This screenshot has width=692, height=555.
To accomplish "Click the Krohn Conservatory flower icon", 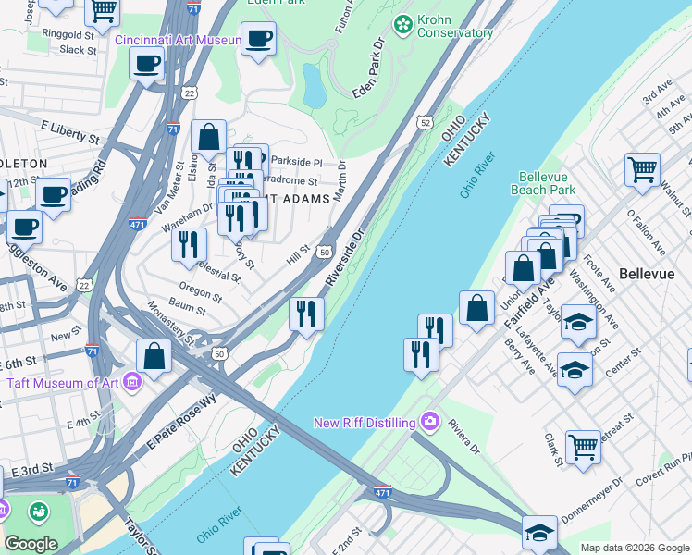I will (x=402, y=22).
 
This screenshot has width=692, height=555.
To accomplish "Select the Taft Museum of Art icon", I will (x=131, y=381).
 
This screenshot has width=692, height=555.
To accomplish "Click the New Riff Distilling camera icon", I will (x=429, y=422).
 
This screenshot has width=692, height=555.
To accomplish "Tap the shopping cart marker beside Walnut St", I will (x=642, y=169).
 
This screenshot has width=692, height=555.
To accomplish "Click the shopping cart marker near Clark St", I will (x=583, y=447).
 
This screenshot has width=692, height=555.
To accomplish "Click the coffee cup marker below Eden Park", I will (x=258, y=39).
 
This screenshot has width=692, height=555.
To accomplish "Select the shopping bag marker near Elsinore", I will (x=209, y=136).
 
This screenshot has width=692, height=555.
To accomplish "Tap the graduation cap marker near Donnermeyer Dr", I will (x=539, y=531).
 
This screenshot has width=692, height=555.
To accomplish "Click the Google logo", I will (x=31, y=544).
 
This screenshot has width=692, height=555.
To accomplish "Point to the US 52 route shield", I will (x=424, y=121).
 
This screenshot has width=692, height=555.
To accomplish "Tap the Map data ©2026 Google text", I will (x=635, y=548).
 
